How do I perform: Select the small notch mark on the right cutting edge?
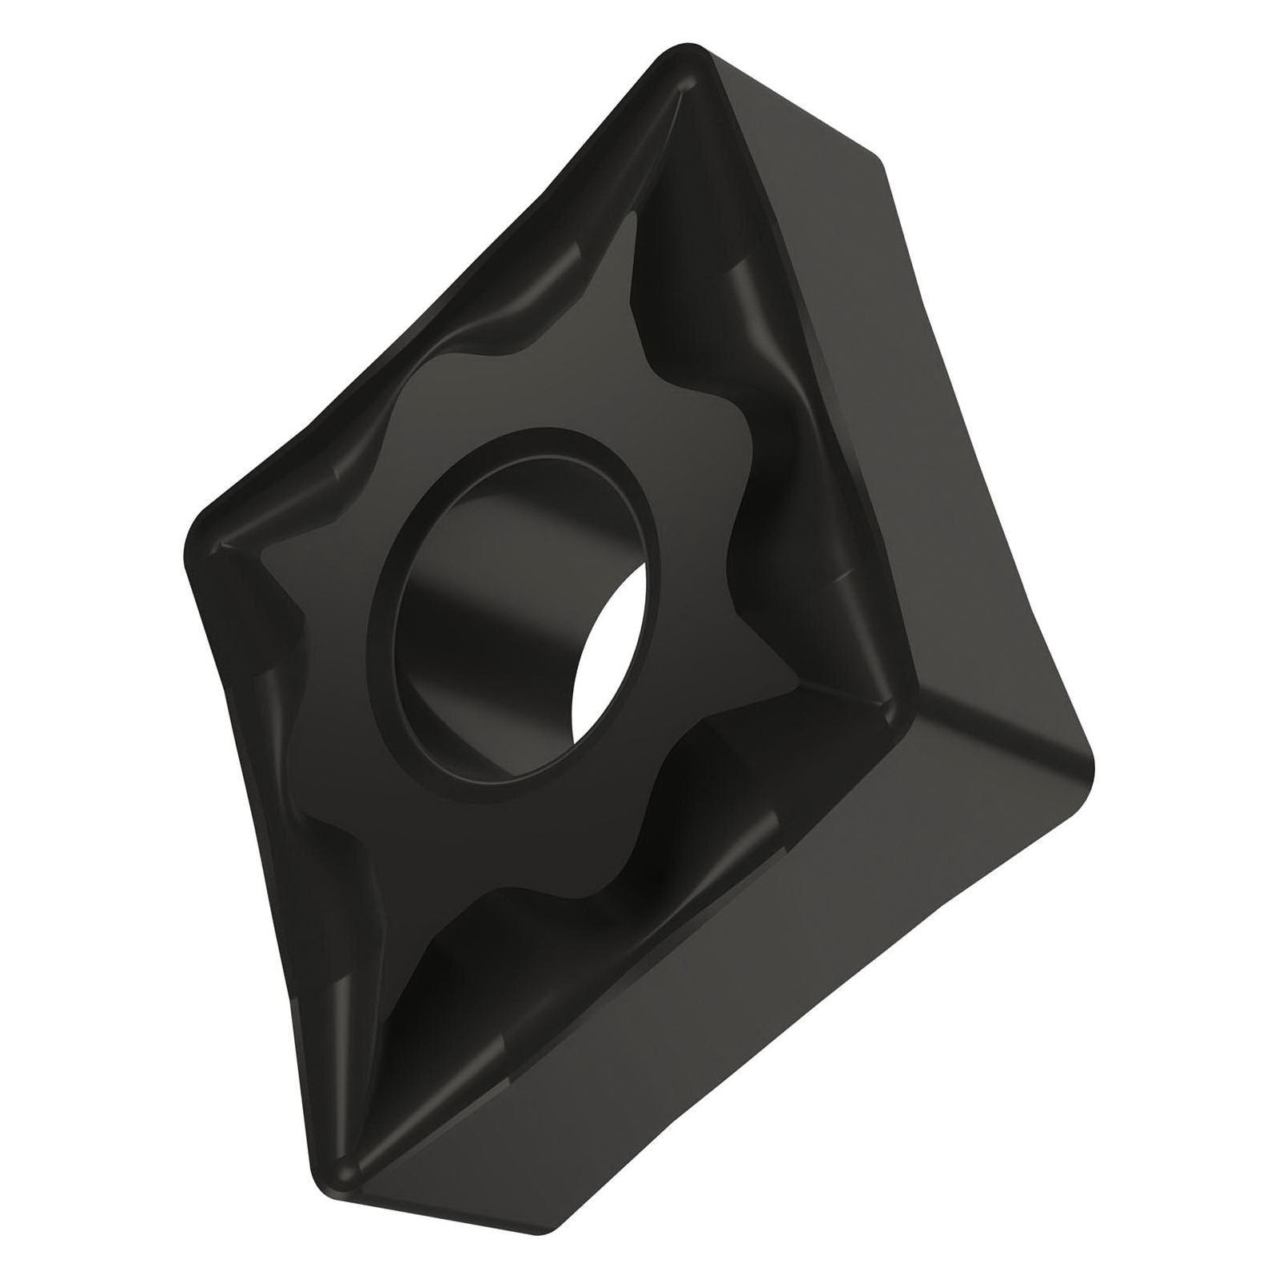point(839,576)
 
